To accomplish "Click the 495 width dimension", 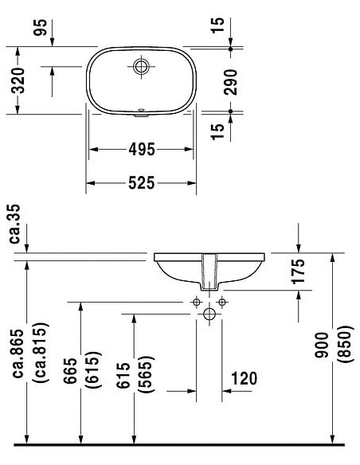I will (140, 149).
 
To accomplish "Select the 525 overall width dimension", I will (140, 183).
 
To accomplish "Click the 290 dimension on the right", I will (232, 80).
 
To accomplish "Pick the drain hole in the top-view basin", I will (142, 65).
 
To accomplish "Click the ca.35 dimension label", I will (14, 224).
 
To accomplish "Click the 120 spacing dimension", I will (244, 378).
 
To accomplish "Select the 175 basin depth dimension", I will (298, 272).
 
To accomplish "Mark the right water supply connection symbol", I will (222, 303).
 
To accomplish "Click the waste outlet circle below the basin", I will (209, 315).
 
